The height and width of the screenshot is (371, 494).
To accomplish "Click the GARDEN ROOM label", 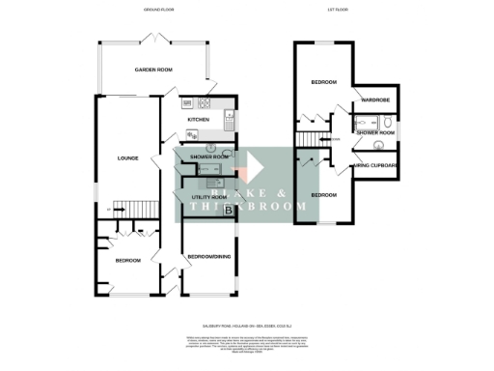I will [x=154, y=71].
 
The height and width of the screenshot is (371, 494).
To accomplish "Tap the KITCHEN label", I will [x=199, y=120].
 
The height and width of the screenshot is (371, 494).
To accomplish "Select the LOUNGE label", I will [x=127, y=158].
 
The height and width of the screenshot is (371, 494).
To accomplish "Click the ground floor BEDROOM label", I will [x=127, y=261].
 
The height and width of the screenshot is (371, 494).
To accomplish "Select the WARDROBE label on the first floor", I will [x=375, y=100].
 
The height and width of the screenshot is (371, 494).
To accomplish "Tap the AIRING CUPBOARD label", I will [x=374, y=166].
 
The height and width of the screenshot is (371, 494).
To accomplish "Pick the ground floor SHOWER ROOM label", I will [x=208, y=157].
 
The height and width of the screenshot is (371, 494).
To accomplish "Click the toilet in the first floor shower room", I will [x=386, y=123].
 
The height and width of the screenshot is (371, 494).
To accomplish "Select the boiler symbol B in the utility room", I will [x=228, y=210].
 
